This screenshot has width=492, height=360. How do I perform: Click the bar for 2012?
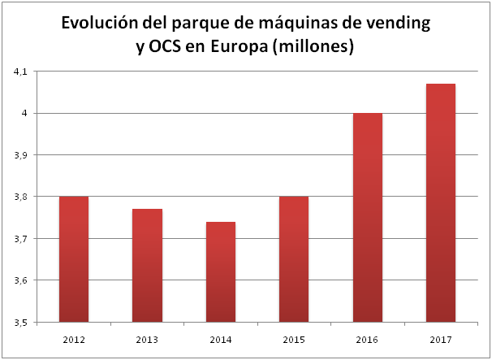[73, 259]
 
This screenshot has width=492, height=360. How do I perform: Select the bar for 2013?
[147, 266]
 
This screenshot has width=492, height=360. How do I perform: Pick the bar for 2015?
[294, 259]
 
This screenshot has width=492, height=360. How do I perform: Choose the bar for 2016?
[368, 218]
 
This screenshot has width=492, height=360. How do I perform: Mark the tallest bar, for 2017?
[441, 203]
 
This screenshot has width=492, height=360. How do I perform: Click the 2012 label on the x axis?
[73, 337]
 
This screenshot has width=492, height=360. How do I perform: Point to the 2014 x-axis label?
[221, 337]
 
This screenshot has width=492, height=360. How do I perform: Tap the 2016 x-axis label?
[368, 337]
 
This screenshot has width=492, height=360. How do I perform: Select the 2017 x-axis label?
[441, 337]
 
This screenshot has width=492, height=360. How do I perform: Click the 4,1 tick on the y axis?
[20, 72]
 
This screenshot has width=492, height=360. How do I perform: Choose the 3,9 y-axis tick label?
[20, 155]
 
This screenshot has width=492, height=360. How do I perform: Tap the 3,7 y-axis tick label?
[20, 239]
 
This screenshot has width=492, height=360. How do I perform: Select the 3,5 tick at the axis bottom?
[20, 323]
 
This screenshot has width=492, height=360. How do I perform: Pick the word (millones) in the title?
[314, 47]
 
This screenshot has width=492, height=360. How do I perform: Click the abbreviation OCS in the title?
[168, 47]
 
